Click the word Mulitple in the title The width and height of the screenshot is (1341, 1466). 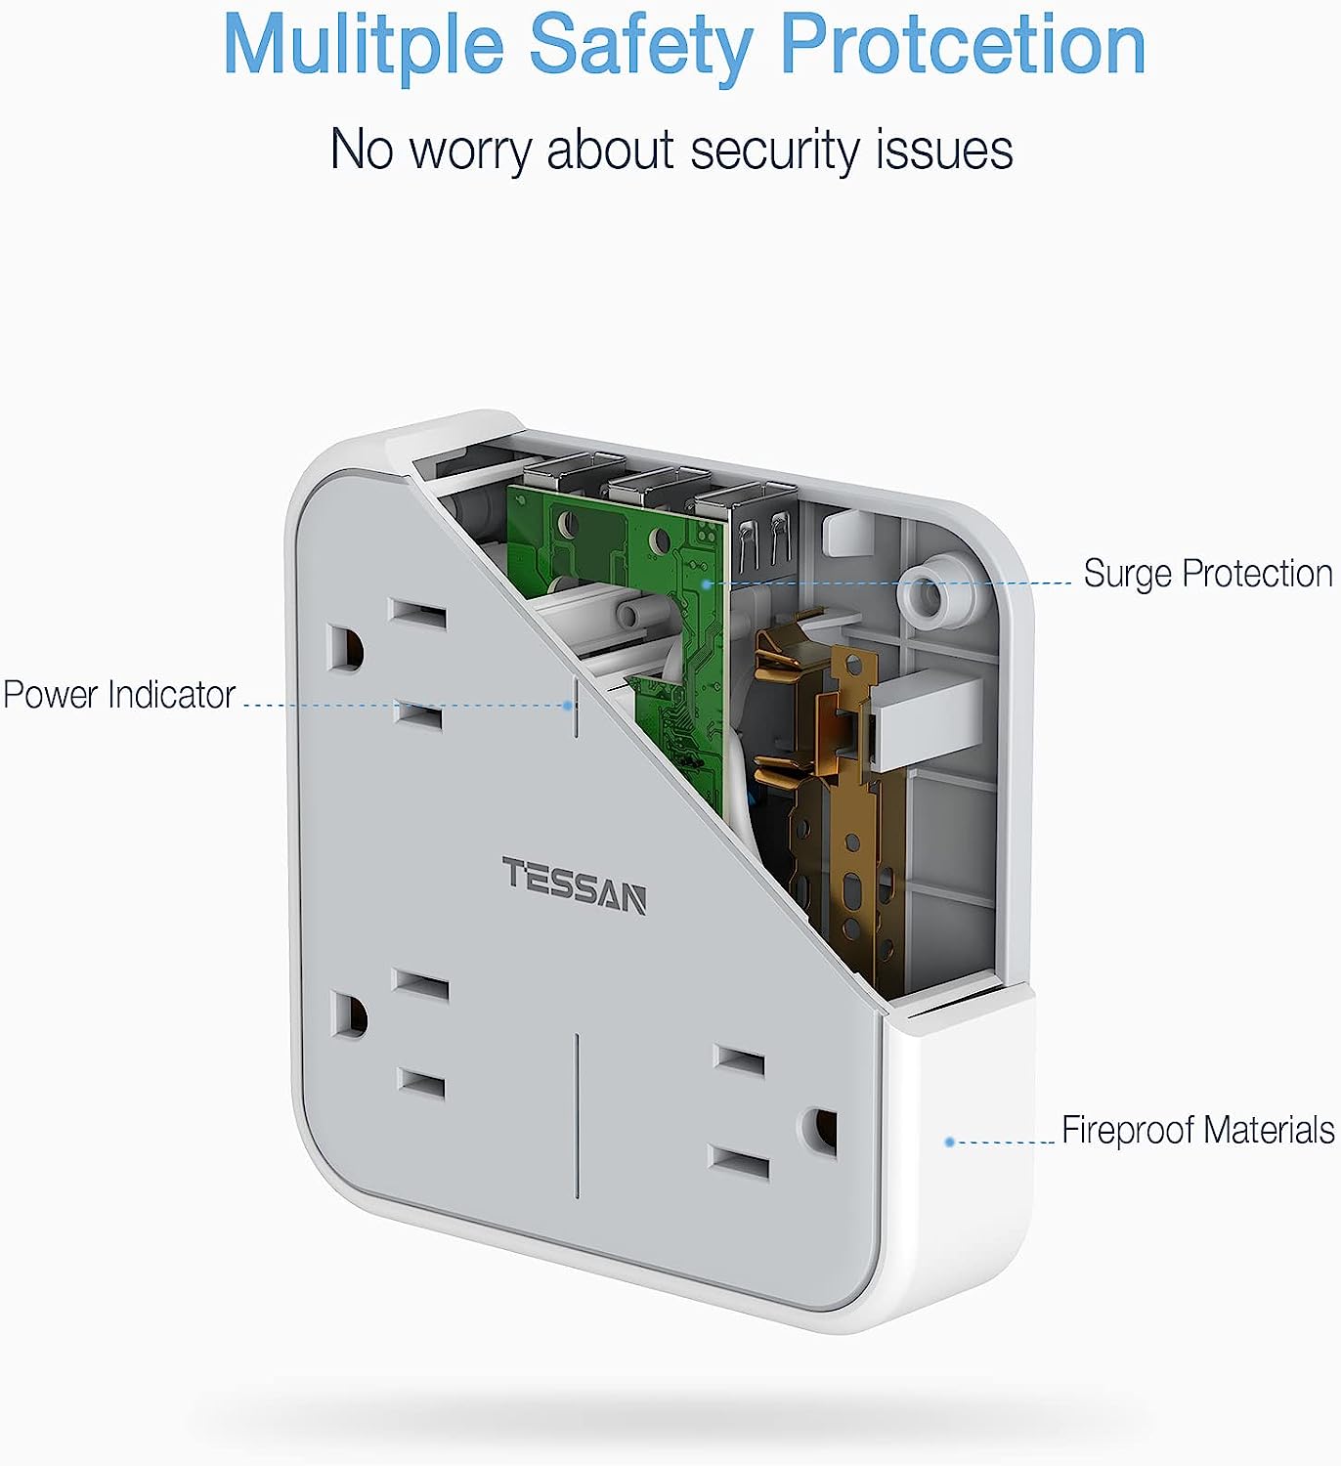coord(363,45)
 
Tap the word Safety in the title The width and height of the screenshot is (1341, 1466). coord(641,45)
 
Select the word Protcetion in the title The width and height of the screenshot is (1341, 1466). coord(963,45)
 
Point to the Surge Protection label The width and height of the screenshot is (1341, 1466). coord(1207,574)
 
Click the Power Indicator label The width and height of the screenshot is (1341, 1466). coord(119,695)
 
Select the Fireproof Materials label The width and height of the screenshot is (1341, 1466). coord(1197,1130)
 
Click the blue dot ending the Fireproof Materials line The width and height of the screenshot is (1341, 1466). coord(949,1142)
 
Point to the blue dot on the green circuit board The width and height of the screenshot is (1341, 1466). coord(707,583)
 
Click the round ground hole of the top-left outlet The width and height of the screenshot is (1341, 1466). coord(344,648)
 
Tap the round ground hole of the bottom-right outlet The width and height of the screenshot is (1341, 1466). coord(821,1129)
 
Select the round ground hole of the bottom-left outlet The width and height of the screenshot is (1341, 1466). coord(347,1015)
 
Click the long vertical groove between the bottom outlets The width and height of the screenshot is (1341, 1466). coord(577,1115)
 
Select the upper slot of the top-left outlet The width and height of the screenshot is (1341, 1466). coord(417,615)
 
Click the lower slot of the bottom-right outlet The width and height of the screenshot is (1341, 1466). coord(739,1164)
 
